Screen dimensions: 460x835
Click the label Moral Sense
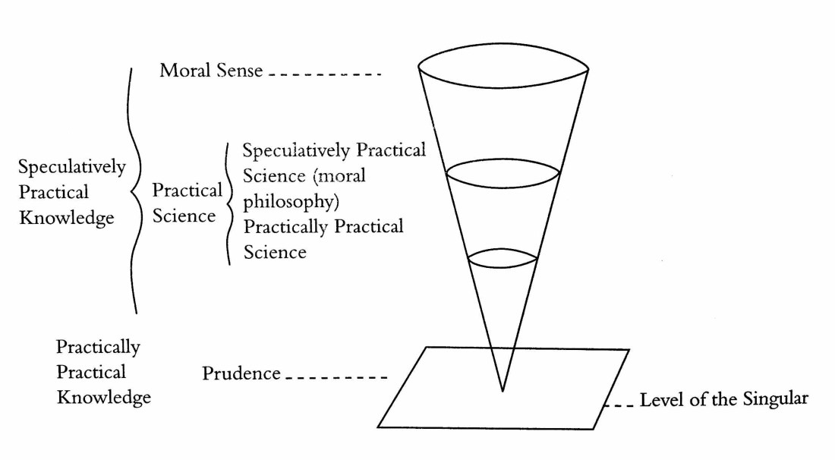click(x=211, y=72)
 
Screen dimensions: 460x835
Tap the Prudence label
click(x=241, y=373)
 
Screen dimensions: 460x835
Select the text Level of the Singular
click(x=723, y=399)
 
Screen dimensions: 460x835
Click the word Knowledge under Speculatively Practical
click(x=67, y=218)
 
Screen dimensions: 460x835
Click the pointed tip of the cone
click(x=502, y=390)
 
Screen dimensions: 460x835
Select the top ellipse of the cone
click(x=505, y=67)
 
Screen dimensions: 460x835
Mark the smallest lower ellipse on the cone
click(x=502, y=259)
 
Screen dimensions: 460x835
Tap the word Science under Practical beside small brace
click(x=184, y=216)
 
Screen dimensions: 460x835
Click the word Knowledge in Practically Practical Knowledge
click(x=104, y=397)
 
